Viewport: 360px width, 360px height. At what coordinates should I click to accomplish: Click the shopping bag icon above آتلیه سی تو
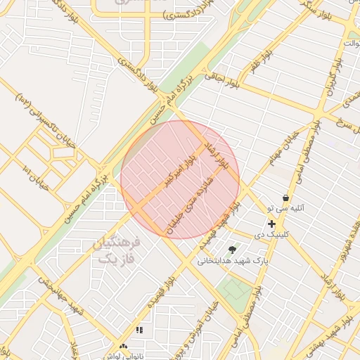click(x=286, y=198)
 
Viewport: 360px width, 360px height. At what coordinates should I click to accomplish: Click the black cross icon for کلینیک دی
click(x=271, y=224)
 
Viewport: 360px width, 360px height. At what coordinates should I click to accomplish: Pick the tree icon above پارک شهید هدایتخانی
click(x=232, y=249)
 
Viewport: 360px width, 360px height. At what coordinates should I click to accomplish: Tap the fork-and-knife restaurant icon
click(x=139, y=330)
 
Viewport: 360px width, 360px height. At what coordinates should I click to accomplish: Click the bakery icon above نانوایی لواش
click(x=124, y=347)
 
